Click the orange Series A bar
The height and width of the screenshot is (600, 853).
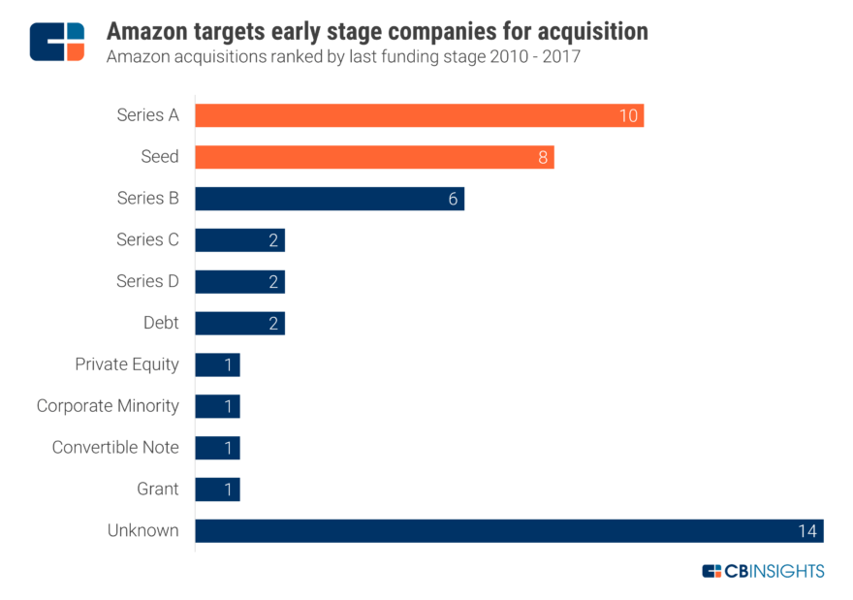pos(419,115)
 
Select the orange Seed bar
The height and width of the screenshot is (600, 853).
pos(374,157)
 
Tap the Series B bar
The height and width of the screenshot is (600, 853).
pos(330,199)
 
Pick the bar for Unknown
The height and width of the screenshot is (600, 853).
pos(509,530)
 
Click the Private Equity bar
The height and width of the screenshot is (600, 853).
pos(217,364)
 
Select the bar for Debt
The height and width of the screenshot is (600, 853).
pos(239,323)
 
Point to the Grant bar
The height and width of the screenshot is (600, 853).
pos(217,489)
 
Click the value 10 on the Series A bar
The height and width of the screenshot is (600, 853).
pos(628,116)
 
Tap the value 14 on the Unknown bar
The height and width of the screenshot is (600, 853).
pos(807,531)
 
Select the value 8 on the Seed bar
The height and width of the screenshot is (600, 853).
pos(544,157)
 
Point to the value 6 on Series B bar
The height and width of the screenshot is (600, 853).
pos(453,199)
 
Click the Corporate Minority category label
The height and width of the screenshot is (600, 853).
pos(108,405)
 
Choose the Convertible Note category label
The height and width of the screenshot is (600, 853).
pos(115,447)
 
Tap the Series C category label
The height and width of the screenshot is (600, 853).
pos(147,239)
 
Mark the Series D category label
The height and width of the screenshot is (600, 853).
pos(147,281)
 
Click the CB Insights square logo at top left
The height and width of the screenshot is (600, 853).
pos(57,42)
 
